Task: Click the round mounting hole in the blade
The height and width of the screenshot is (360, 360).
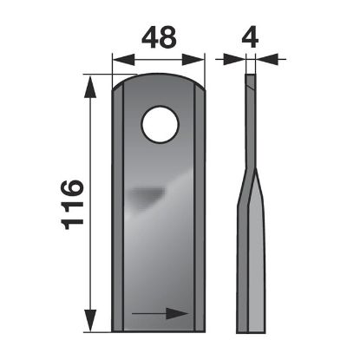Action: pyautogui.click(x=160, y=124)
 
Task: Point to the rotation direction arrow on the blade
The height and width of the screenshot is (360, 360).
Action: pyautogui.click(x=160, y=311)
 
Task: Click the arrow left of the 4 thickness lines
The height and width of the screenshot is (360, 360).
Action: pyautogui.click(x=232, y=59)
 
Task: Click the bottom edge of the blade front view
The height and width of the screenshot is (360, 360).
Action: pyautogui.click(x=160, y=330)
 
